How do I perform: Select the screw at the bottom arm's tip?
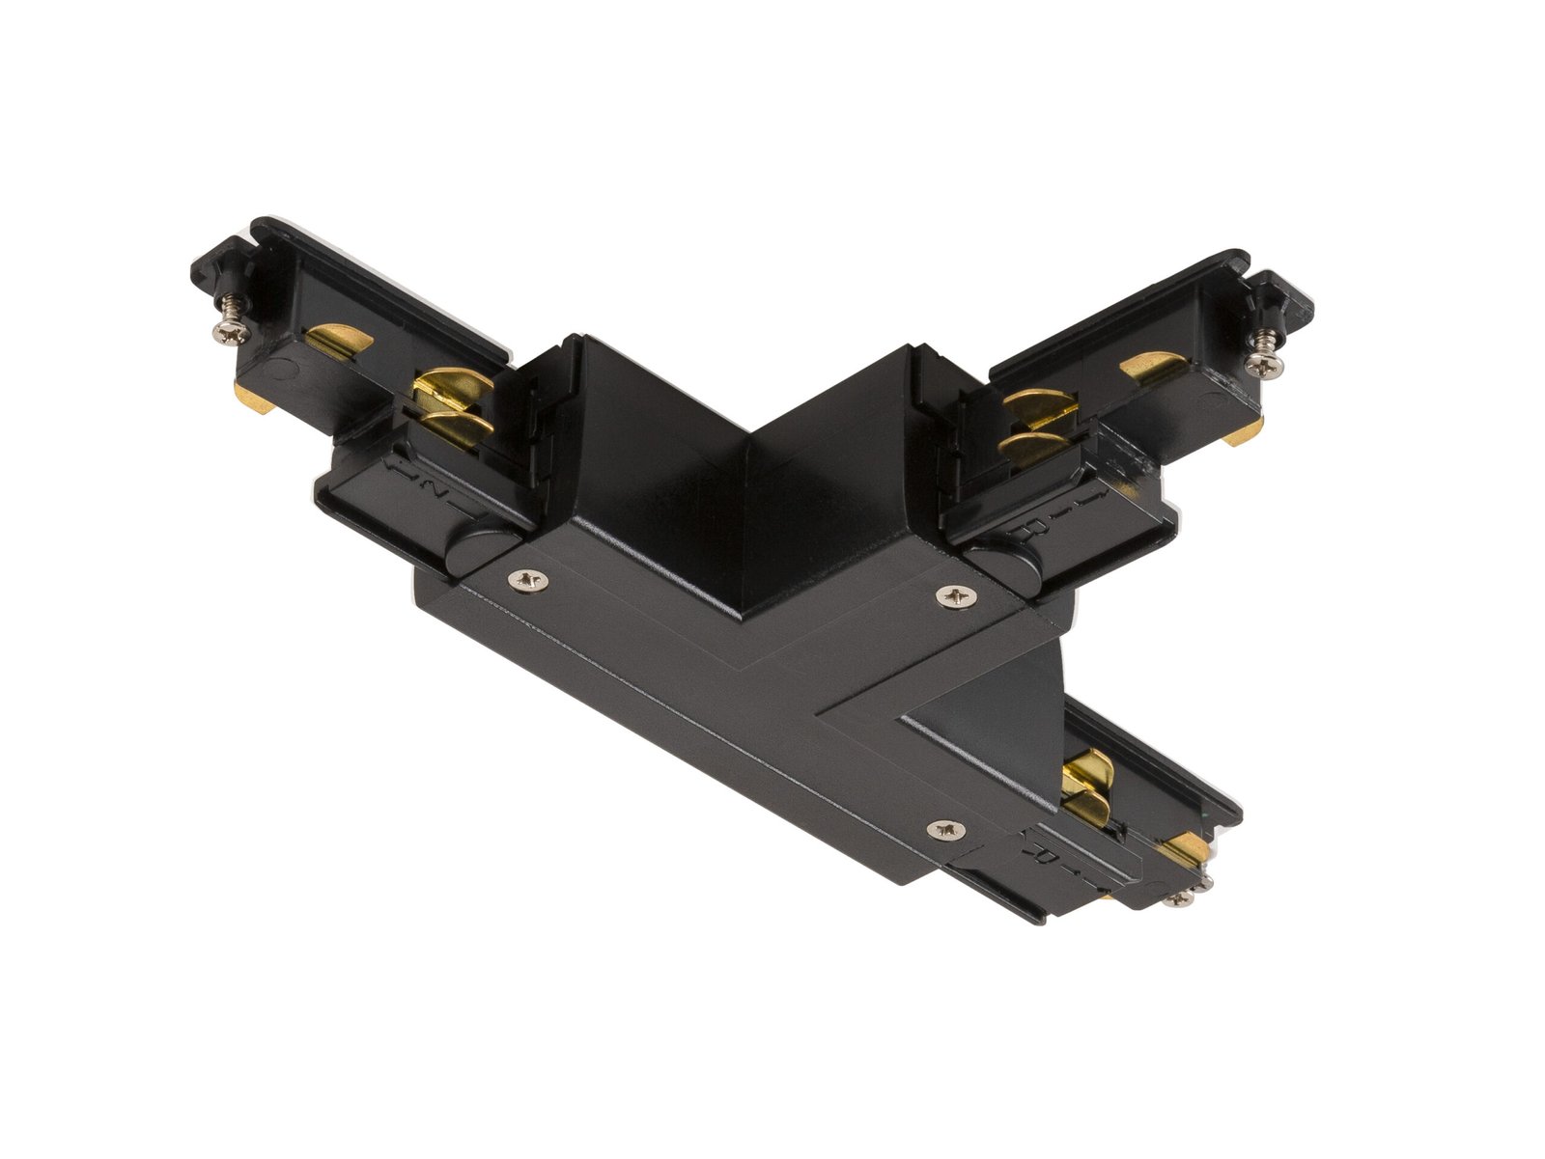(1182, 898)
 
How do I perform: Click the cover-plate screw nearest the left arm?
(528, 579)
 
